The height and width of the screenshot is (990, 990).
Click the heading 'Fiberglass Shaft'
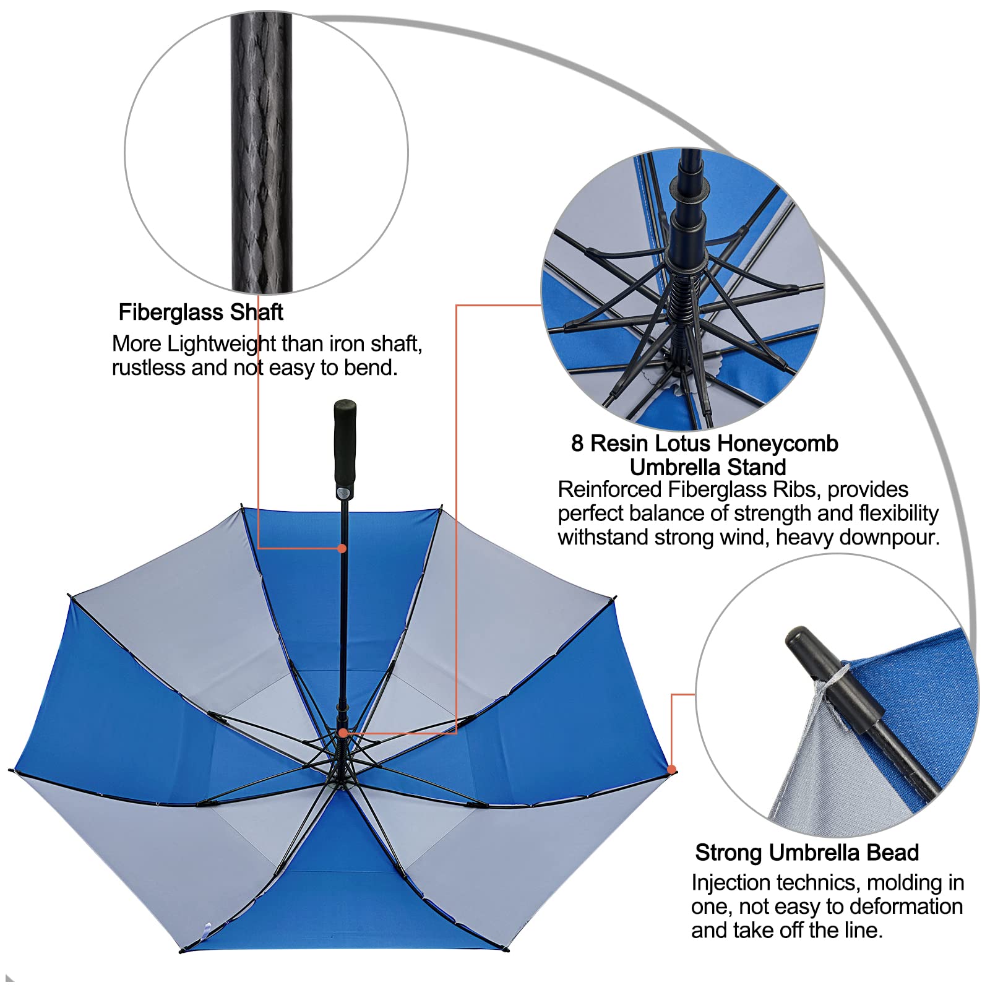pyautogui.click(x=200, y=312)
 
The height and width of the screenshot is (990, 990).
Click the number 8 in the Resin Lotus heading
pyautogui.click(x=577, y=444)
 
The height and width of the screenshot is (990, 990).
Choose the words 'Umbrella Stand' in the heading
pyautogui.click(x=708, y=467)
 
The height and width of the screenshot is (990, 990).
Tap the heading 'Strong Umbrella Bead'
pyautogui.click(x=807, y=853)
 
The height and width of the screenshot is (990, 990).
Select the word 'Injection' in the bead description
pyautogui.click(x=731, y=882)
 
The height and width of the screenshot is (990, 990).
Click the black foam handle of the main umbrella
pyautogui.click(x=345, y=445)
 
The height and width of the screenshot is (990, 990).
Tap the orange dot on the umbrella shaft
pyautogui.click(x=342, y=548)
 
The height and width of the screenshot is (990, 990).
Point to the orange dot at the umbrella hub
pyautogui.click(x=342, y=733)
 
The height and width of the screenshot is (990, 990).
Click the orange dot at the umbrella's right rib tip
pyautogui.click(x=672, y=769)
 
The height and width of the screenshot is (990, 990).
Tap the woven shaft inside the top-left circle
pyautogui.click(x=262, y=155)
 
